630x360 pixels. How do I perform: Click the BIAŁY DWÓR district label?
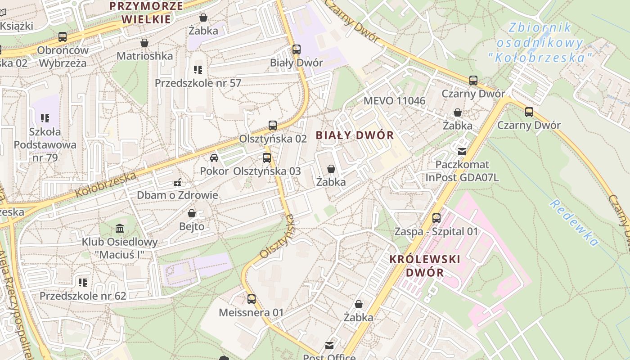[x=355, y=135]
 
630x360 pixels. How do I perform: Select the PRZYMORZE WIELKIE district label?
[x=147, y=12]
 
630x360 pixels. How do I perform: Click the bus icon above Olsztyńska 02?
[x=273, y=126]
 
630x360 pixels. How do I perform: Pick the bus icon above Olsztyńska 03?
[x=267, y=158]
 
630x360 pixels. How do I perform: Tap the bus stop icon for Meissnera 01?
[x=252, y=299]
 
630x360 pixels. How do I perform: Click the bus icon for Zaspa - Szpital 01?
[x=436, y=218]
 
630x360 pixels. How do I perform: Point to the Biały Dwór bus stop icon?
[x=297, y=49]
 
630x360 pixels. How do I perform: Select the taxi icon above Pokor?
[x=214, y=158]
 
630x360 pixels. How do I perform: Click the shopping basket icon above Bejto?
[x=192, y=213]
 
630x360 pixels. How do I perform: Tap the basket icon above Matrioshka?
[x=144, y=43]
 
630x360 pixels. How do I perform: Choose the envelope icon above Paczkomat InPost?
[x=462, y=152]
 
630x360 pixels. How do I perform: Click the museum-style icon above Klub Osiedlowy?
[x=120, y=229]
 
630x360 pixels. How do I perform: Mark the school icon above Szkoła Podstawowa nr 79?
[x=45, y=118]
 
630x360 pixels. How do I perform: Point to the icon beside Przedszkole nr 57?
[x=198, y=70]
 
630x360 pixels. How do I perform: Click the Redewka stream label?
[x=574, y=223]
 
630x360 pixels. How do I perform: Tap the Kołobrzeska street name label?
[x=106, y=184]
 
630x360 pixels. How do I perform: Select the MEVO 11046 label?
[x=394, y=100]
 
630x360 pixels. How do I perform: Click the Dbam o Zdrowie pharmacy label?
[x=177, y=195]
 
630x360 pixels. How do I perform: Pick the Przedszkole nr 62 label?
[x=83, y=296]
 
